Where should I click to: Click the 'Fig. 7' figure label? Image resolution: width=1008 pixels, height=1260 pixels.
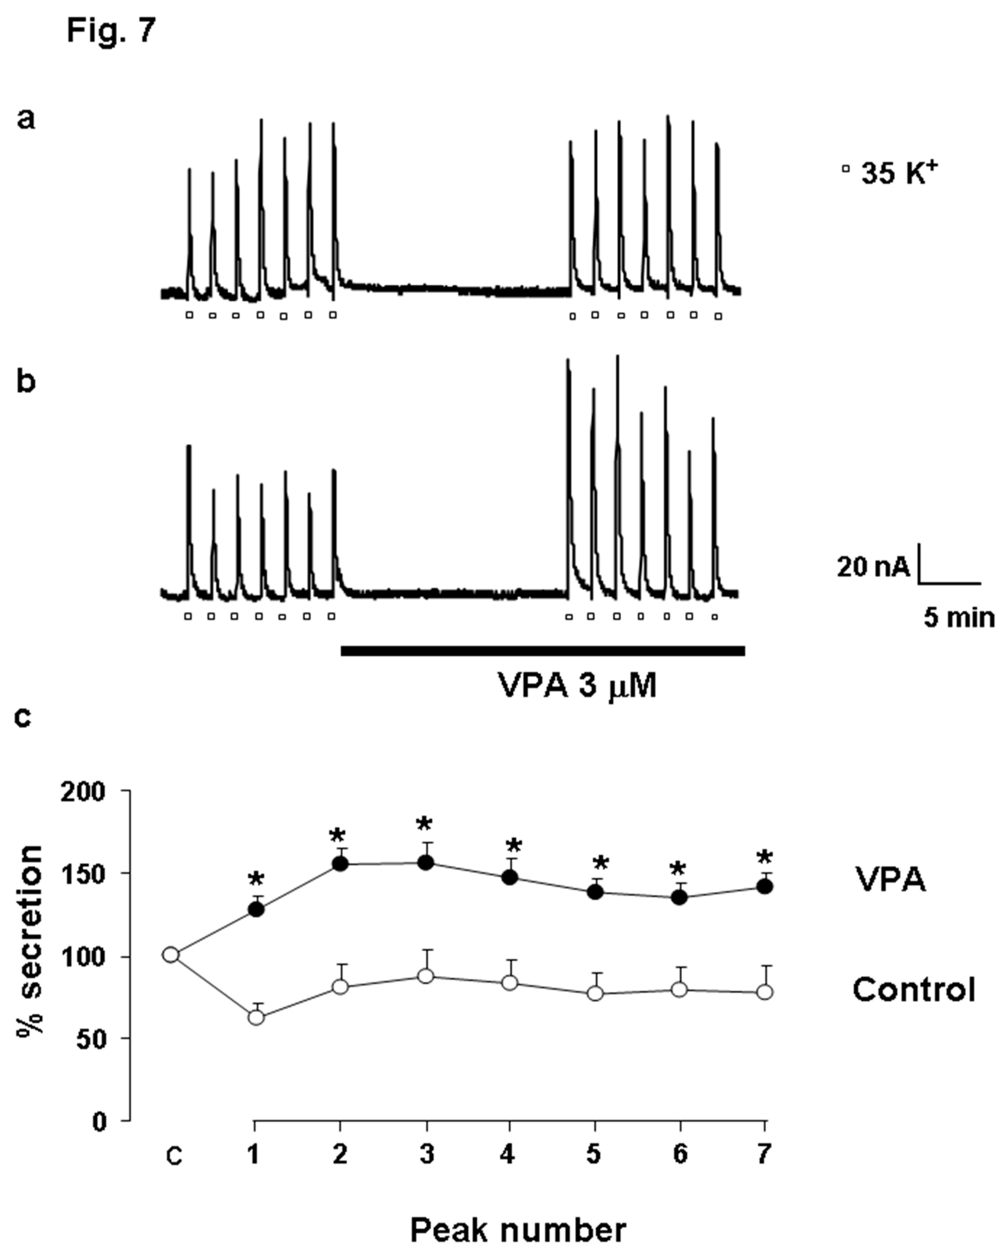111,30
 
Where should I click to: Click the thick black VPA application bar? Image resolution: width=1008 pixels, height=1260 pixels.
542,651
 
